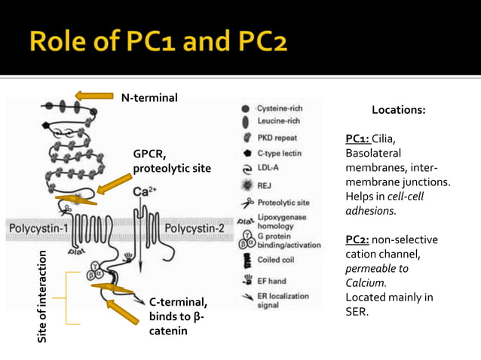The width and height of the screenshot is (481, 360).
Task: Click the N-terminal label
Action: pos(149,97)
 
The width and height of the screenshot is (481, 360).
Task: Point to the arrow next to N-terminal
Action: pos(94,96)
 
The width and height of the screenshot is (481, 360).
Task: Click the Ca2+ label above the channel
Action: pos(144,192)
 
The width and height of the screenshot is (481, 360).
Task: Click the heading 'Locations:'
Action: pos(398,111)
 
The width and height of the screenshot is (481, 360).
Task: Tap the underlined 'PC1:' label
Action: pos(357,139)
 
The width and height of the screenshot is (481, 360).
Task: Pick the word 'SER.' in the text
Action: pos(357,311)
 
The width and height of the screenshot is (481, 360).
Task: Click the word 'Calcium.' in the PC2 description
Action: pos(366,282)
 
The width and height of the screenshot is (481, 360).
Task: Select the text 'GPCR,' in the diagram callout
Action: pos(150,155)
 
